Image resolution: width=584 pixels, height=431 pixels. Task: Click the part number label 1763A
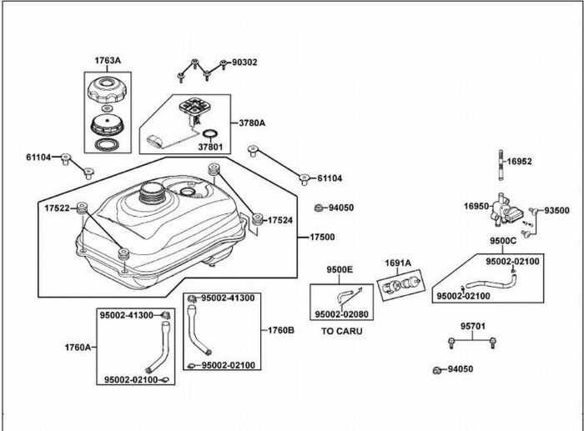(x=107, y=61)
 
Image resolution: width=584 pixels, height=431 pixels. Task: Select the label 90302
(x=244, y=62)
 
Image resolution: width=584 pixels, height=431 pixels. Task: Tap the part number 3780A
(x=251, y=123)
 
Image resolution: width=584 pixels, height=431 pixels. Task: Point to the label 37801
(x=211, y=148)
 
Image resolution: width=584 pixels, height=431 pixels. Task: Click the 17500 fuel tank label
(x=322, y=237)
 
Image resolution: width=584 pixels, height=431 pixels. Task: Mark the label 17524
(x=279, y=220)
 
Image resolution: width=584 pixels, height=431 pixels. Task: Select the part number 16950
(x=476, y=205)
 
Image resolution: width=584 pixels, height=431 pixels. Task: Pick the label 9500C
(x=503, y=241)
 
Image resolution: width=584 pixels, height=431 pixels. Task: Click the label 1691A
(x=397, y=263)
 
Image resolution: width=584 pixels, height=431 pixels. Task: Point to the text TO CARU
(x=342, y=331)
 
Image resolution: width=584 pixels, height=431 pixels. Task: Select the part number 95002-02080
(x=342, y=314)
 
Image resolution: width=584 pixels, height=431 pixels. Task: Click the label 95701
(x=472, y=326)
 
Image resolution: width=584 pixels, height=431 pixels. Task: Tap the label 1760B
(x=280, y=330)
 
